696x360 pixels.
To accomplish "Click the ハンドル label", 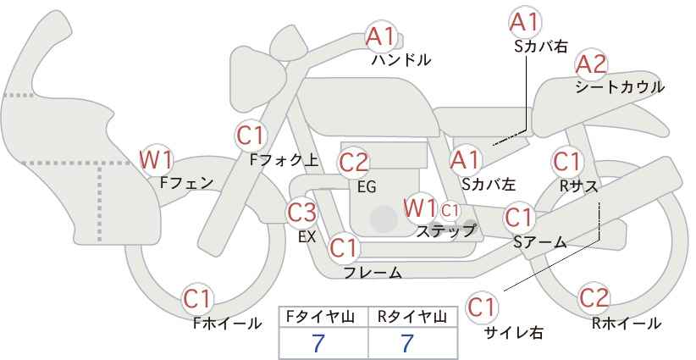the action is [x=401, y=59].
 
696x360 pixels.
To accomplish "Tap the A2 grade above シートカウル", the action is [x=591, y=64].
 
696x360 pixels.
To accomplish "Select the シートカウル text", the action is [x=620, y=86].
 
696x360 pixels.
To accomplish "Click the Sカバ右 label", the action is [x=541, y=47].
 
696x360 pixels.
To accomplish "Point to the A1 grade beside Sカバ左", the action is [x=466, y=160].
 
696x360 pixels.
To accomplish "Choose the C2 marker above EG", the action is [x=354, y=163].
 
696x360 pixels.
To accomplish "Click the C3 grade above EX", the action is [x=301, y=213].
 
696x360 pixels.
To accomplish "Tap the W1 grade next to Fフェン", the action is [x=157, y=160].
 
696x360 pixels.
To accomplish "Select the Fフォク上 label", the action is [x=284, y=160].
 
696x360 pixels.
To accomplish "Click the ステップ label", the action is [x=445, y=231].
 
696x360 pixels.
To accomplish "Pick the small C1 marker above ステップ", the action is [x=450, y=210].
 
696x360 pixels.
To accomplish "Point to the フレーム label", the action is [x=373, y=272].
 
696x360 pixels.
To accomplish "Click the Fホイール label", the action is [x=227, y=324].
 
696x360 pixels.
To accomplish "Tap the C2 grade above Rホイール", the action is [x=594, y=298].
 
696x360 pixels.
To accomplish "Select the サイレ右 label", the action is [x=514, y=332].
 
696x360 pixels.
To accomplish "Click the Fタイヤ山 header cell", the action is [x=323, y=318].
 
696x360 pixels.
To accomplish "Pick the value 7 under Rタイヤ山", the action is [x=407, y=343].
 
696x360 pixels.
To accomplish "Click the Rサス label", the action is [x=579, y=186].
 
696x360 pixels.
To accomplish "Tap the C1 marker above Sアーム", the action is [x=519, y=218].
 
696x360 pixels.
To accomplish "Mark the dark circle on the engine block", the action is [x=384, y=219].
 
